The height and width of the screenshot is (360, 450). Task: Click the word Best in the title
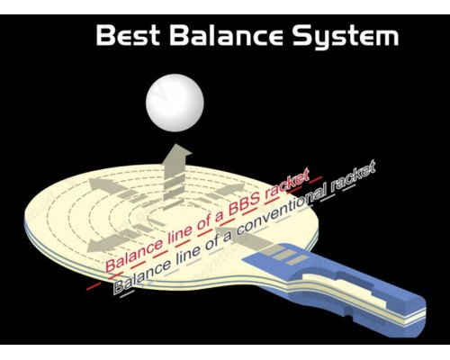tap(128, 35)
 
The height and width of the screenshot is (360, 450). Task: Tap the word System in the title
tap(346, 37)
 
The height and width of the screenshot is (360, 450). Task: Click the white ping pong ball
tap(175, 103)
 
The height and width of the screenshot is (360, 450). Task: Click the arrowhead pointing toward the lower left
tap(97, 246)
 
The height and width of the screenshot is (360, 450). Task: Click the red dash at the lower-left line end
tap(94, 286)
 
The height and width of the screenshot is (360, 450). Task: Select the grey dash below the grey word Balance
tap(125, 294)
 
